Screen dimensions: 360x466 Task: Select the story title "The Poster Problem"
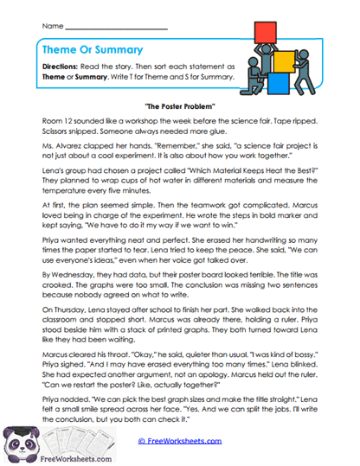(180, 105)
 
